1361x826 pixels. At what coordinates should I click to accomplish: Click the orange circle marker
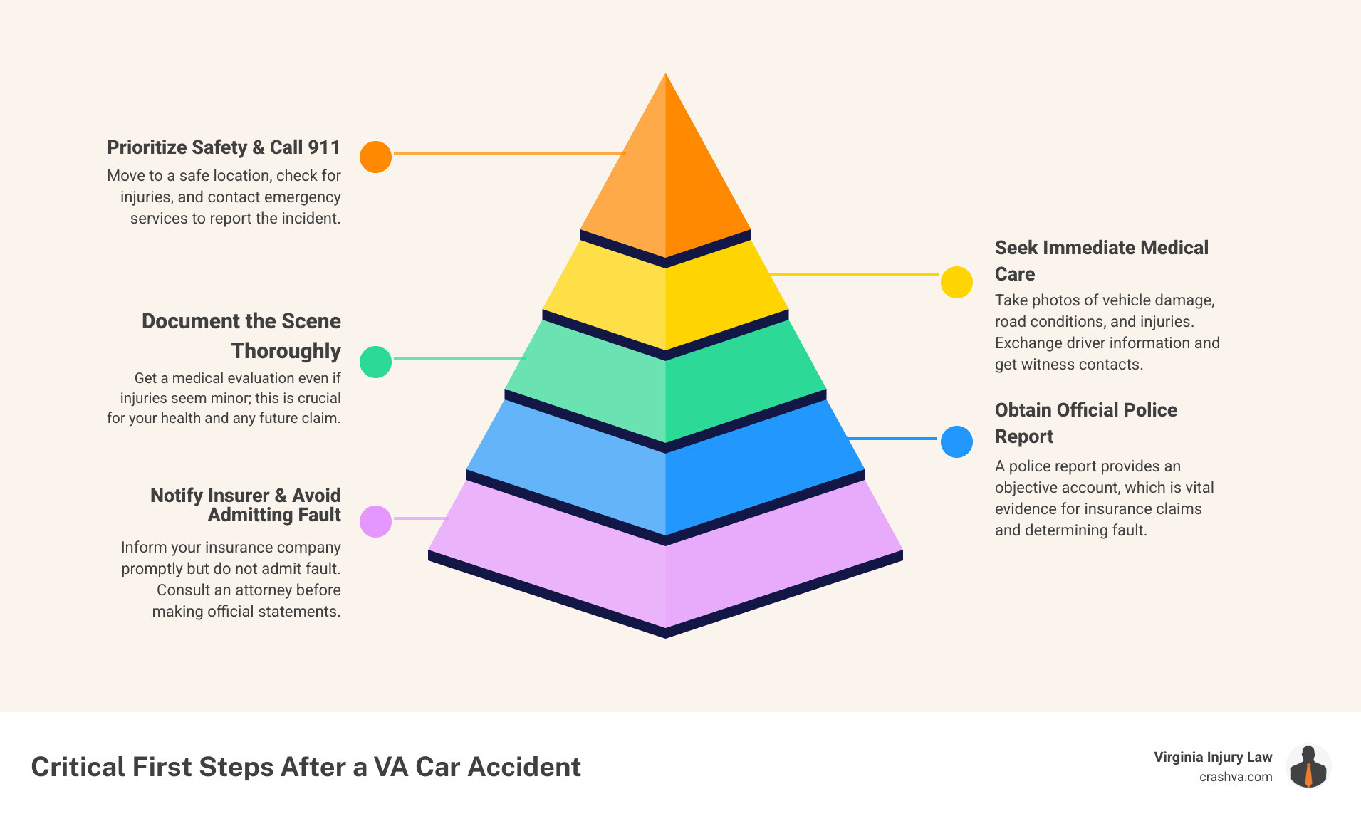coord(375,157)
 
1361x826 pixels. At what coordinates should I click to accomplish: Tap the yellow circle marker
coord(956,282)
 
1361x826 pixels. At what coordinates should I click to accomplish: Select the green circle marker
coord(375,362)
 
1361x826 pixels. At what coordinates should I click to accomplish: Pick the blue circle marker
coord(956,441)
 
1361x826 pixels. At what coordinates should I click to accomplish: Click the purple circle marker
coord(375,521)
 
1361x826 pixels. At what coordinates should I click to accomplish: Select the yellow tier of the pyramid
coord(665,299)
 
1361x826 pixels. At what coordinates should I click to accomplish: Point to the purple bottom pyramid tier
coord(665,577)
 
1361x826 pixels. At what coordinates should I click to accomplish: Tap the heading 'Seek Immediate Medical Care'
coord(1101,261)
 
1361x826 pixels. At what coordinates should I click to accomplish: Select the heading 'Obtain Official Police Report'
coord(1085,423)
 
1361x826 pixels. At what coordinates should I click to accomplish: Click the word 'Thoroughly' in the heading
coord(286,351)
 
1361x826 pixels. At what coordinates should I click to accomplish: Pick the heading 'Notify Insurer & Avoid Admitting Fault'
coord(246,505)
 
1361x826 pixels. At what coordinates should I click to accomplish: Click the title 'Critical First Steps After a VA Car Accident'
coord(306,767)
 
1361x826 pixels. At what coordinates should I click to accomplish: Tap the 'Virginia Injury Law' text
coord(1213,757)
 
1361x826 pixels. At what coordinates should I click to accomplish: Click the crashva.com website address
coord(1236,777)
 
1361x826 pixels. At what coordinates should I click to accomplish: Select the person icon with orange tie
coord(1308,767)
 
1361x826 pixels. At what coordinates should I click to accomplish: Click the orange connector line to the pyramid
coord(509,153)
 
